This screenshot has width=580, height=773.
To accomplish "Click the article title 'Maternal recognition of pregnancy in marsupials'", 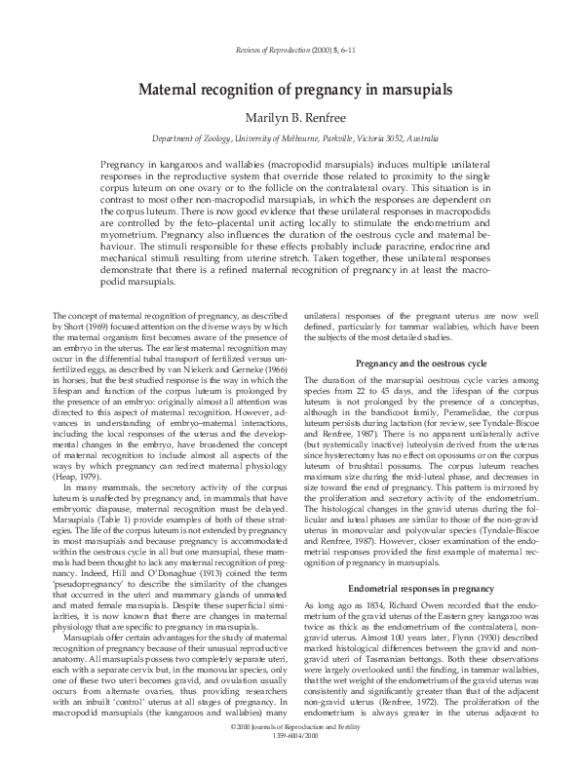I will (x=290, y=91).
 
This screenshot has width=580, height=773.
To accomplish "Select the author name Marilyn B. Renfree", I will (x=290, y=118).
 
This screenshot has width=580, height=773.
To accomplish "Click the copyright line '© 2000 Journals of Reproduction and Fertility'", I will (x=290, y=755).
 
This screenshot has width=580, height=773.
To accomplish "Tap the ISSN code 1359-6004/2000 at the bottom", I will (x=290, y=764).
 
